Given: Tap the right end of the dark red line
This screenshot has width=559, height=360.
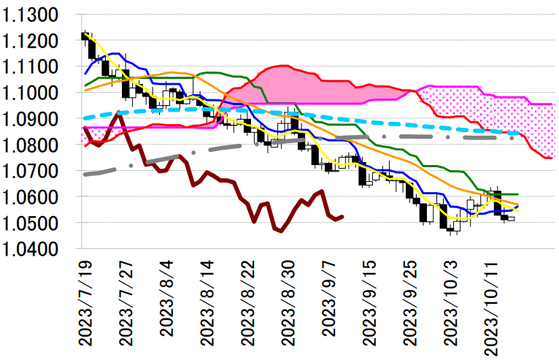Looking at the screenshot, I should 343,215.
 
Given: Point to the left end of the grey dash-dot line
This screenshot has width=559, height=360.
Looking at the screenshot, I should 85,174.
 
